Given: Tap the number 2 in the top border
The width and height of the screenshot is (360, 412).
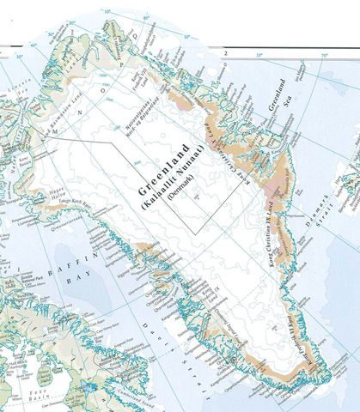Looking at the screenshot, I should coord(224,53).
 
